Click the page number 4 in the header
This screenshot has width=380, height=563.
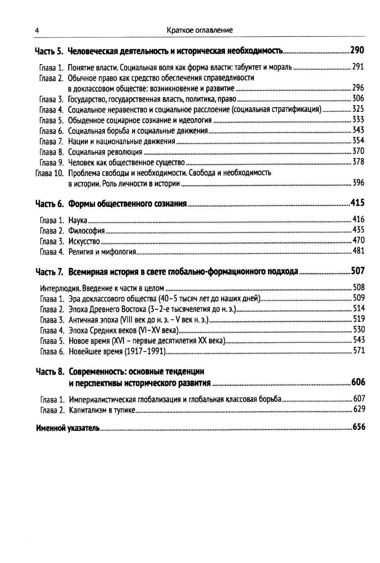tap(36, 31)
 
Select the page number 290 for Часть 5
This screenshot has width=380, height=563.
tap(357, 50)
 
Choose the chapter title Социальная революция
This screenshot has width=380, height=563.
tap(105, 152)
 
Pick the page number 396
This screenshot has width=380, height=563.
tap(358, 183)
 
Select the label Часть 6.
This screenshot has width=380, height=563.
tap(49, 204)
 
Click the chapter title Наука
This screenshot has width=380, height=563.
tap(78, 220)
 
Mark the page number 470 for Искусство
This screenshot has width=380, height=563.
tap(358, 241)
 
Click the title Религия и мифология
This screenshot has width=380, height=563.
tap(102, 252)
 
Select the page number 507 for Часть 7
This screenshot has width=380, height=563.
tap(358, 271)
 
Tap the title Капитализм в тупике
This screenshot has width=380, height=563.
tap(102, 410)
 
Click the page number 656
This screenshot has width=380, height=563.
tap(359, 427)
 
